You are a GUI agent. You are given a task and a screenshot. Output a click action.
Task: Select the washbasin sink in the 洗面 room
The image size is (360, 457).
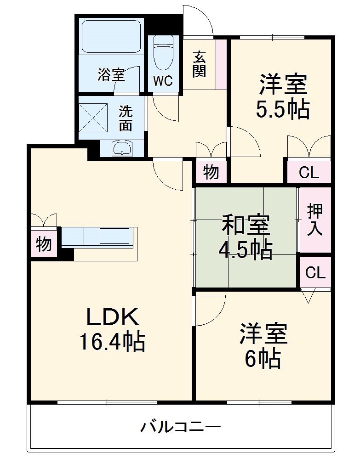[122, 148]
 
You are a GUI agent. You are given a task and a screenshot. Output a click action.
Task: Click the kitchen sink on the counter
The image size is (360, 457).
[114, 236]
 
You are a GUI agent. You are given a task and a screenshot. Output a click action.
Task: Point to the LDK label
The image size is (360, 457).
[113, 317]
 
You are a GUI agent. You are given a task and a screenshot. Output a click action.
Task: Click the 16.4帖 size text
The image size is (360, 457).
[113, 342]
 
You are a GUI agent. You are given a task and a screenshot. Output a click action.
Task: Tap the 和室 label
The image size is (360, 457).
[246, 225]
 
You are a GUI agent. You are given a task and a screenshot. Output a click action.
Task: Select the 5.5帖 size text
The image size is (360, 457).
[283, 109]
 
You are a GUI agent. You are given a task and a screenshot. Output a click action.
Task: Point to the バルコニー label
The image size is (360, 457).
[181, 428]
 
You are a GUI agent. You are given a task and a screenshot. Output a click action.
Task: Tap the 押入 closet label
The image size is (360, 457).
[315, 220]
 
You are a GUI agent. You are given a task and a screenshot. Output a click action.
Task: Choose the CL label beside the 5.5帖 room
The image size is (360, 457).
[309, 173]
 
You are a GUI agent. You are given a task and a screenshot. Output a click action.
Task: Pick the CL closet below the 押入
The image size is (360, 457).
[315, 273]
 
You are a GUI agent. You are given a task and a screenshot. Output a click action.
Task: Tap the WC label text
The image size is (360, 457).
[162, 81]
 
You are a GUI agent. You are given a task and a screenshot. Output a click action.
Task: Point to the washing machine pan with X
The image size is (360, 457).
[93, 117]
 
